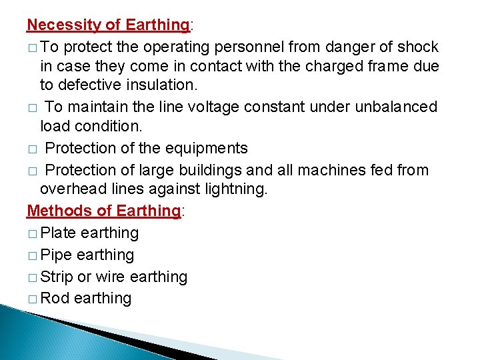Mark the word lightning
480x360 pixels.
[234, 189]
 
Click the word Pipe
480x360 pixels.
[57, 255]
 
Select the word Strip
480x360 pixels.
[58, 277]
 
